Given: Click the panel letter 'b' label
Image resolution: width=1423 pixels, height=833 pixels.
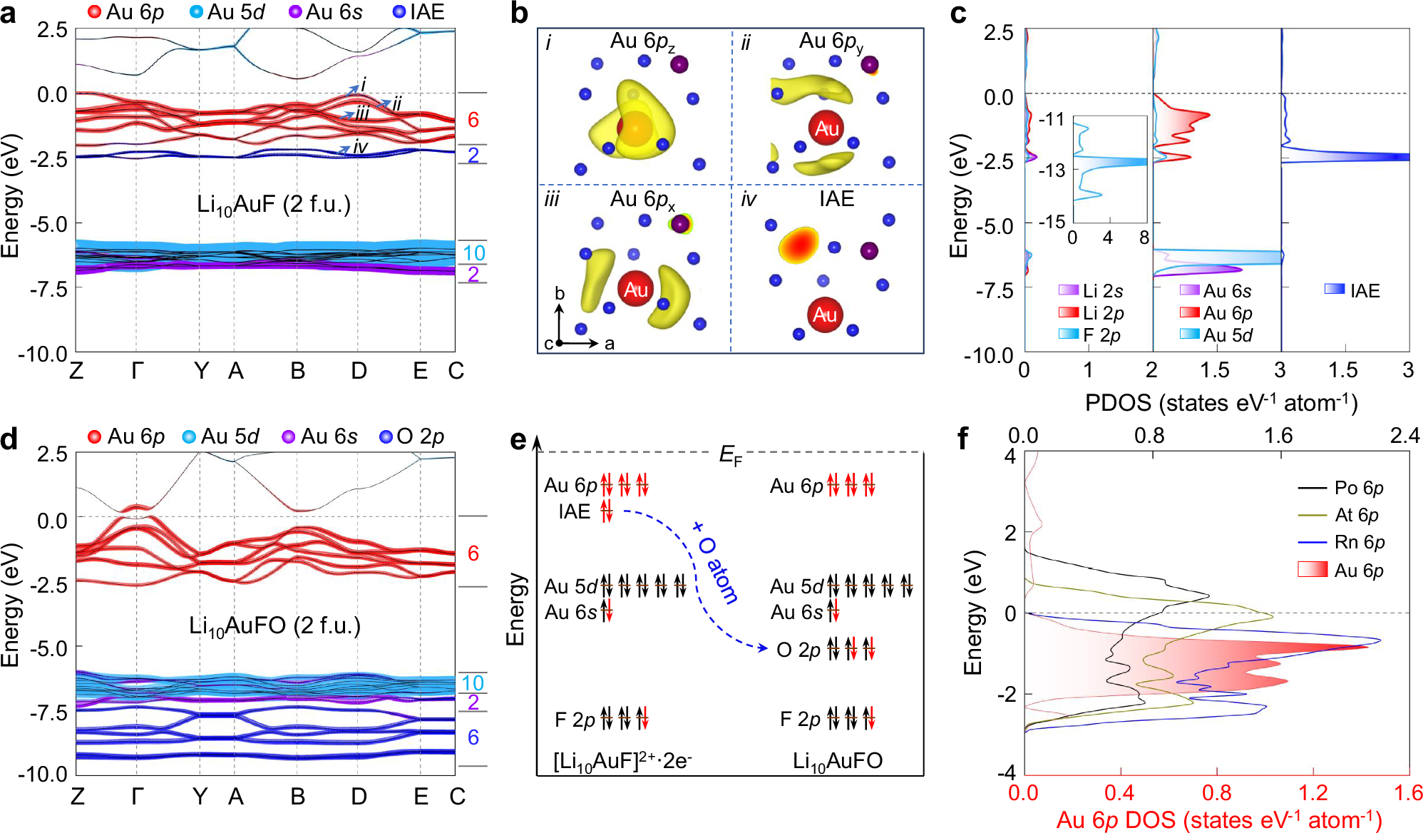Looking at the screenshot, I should [519, 14].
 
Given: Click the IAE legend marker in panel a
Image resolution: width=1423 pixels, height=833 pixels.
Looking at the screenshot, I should [399, 11].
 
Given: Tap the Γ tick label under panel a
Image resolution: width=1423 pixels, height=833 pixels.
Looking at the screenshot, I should [137, 371].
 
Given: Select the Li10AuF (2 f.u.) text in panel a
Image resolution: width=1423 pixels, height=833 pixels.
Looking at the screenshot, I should [274, 205].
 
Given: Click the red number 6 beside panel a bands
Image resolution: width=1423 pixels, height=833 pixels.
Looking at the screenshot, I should [473, 120].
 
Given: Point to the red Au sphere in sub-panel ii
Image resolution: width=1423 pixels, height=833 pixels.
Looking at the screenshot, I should [826, 128].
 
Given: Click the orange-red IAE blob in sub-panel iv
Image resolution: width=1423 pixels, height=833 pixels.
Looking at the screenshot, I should [798, 245].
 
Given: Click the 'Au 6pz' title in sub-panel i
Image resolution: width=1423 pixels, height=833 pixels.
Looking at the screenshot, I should [642, 42].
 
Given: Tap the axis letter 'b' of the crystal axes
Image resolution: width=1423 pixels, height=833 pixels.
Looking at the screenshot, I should [560, 293].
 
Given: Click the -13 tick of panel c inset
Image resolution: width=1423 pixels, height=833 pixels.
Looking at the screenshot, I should [1052, 170].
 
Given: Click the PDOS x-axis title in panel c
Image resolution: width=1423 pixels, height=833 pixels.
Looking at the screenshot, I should [1221, 403].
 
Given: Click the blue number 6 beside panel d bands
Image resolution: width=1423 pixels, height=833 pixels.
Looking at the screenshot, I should [473, 737].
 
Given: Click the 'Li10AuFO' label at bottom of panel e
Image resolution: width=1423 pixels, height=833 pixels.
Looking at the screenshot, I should [837, 761].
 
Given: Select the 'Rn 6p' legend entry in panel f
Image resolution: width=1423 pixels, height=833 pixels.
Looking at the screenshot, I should [1359, 542].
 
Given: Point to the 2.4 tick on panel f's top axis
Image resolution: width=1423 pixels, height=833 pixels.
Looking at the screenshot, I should [1404, 435].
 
